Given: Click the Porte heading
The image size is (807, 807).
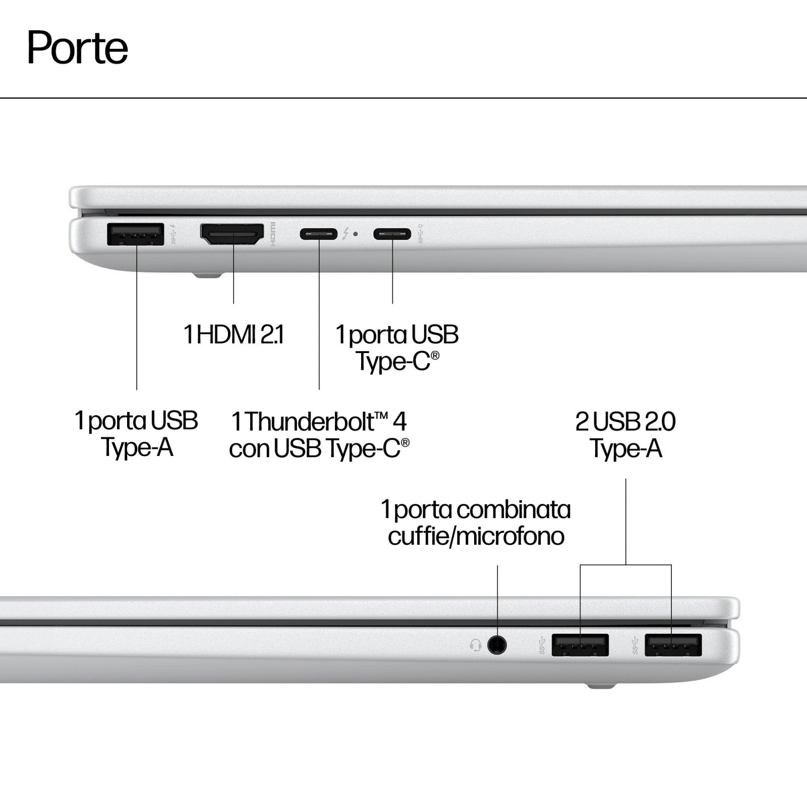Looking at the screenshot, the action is pyautogui.click(x=78, y=48).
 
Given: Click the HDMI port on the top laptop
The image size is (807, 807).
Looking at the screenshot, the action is pyautogui.click(x=233, y=235).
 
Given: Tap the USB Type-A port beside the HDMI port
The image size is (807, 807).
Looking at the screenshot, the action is pyautogui.click(x=136, y=234).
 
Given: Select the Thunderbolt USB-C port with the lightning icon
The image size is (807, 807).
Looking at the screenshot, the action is pyautogui.click(x=319, y=234).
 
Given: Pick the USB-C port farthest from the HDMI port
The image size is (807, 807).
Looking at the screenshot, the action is pyautogui.click(x=392, y=234).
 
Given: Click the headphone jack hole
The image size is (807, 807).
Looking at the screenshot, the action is pyautogui.click(x=497, y=645).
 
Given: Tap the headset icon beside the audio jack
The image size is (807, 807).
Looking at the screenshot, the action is pyautogui.click(x=476, y=645).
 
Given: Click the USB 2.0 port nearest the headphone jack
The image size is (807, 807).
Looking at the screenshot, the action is pyautogui.click(x=580, y=645).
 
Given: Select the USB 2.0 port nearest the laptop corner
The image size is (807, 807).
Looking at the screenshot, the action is pyautogui.click(x=673, y=645).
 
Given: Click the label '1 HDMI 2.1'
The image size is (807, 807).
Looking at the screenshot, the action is pyautogui.click(x=234, y=334).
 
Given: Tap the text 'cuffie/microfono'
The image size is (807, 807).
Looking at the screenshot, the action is pyautogui.click(x=476, y=536).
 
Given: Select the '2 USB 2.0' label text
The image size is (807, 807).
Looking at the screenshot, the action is pyautogui.click(x=625, y=422).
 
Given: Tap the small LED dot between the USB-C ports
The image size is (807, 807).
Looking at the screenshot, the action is pyautogui.click(x=356, y=234).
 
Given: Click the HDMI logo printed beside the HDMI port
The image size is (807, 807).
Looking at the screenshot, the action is pyautogui.click(x=273, y=234).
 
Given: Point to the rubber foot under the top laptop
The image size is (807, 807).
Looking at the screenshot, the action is pyautogui.click(x=207, y=275).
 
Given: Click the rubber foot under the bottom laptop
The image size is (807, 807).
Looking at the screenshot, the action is pyautogui.click(x=601, y=685).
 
